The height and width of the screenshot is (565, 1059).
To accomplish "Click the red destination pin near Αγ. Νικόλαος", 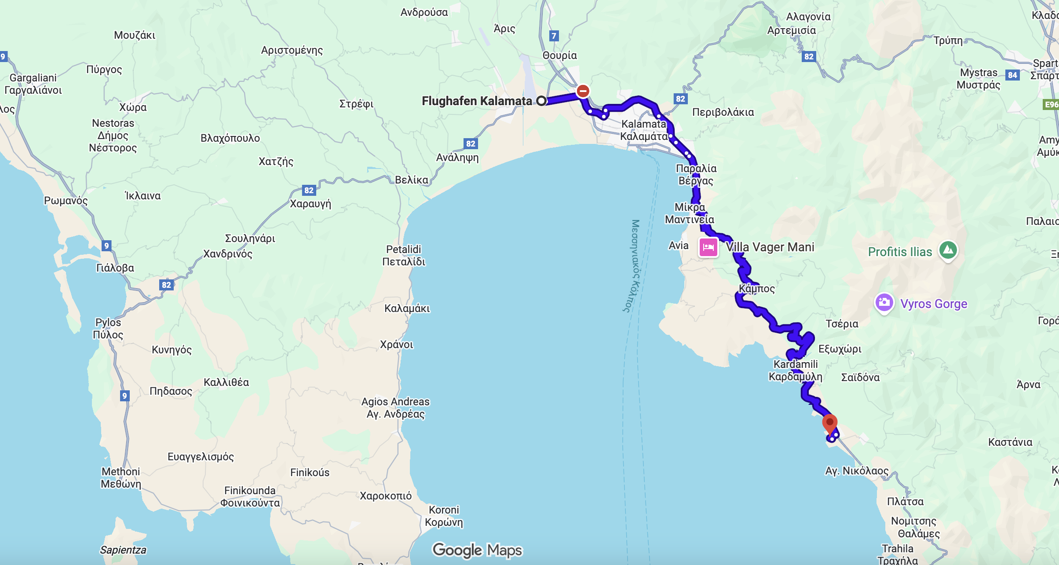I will pyautogui.click(x=830, y=423).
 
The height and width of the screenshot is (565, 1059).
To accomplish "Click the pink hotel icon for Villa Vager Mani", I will pyautogui.click(x=708, y=247).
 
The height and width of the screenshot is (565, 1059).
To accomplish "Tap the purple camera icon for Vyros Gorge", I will pyautogui.click(x=884, y=303).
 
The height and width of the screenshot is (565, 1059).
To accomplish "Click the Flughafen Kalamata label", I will pyautogui.click(x=477, y=101).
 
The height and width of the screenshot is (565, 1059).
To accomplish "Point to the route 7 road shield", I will pyautogui.click(x=554, y=36).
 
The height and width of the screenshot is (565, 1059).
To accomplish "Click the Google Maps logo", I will pyautogui.click(x=477, y=550).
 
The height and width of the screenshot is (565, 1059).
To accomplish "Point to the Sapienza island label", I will pyautogui.click(x=123, y=550).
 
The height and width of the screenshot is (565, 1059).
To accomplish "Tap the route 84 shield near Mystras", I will pyautogui.click(x=1012, y=75).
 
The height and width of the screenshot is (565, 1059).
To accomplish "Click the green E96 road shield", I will pyautogui.click(x=1052, y=105).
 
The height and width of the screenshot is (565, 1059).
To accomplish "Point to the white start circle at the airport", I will pyautogui.click(x=541, y=101).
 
